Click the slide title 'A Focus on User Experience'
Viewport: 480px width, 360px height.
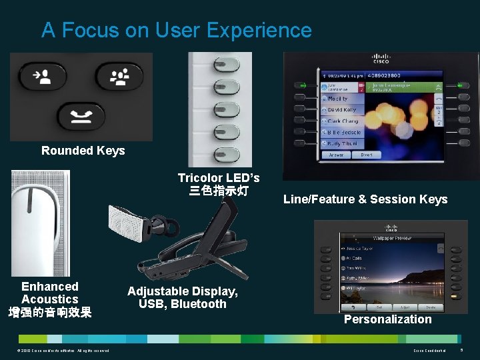[x=176, y=30]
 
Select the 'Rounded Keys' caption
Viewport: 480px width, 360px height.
[x=83, y=151]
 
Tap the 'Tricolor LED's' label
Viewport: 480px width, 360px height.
[x=218, y=178]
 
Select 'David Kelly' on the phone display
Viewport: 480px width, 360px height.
[x=341, y=109]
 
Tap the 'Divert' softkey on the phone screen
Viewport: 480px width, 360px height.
[x=367, y=155]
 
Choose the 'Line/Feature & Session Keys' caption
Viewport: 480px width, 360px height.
[x=365, y=199]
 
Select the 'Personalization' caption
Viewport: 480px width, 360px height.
[x=387, y=319]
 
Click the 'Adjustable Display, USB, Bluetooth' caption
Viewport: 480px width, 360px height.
[x=183, y=298]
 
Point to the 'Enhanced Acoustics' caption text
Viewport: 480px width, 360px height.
[x=50, y=293]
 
